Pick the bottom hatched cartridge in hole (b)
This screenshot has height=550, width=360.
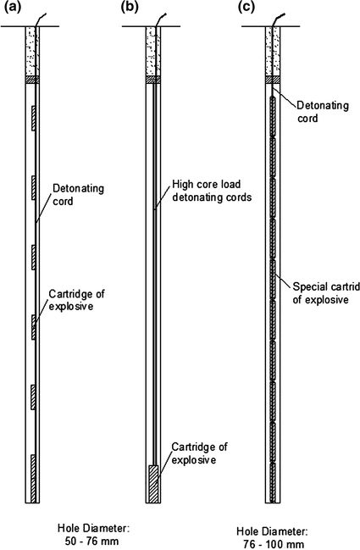click(x=152, y=484)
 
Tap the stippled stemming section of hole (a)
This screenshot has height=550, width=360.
click(x=33, y=51)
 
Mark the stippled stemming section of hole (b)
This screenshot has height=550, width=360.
click(x=152, y=51)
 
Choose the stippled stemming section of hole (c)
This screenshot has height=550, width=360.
click(x=273, y=51)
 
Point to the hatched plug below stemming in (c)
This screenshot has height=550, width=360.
click(x=273, y=81)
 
